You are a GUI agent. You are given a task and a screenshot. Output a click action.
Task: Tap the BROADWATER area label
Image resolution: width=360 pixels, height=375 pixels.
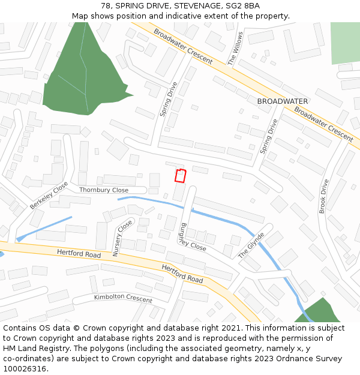click(x=282, y=101)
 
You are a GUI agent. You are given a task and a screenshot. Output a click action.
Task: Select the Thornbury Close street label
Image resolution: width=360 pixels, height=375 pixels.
click(x=104, y=190)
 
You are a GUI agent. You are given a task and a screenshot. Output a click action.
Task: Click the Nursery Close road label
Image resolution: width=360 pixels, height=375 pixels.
click(x=122, y=238)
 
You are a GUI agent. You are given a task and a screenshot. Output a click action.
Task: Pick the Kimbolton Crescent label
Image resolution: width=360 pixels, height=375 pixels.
click(x=123, y=298)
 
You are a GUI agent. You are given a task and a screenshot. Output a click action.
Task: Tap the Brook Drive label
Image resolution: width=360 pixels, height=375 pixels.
click(x=323, y=196)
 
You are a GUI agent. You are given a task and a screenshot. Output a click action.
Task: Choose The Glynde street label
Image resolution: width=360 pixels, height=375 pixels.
click(x=251, y=245)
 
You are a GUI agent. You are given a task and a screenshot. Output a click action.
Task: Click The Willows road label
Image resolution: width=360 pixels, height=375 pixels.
click(x=235, y=49)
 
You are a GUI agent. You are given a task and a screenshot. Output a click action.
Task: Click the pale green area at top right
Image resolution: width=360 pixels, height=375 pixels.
click(x=345, y=43)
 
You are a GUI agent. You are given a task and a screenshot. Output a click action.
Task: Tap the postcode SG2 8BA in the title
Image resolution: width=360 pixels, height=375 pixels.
click(x=242, y=6)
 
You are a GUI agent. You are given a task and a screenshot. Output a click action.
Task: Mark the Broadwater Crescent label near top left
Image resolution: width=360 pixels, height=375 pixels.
click(x=182, y=46)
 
